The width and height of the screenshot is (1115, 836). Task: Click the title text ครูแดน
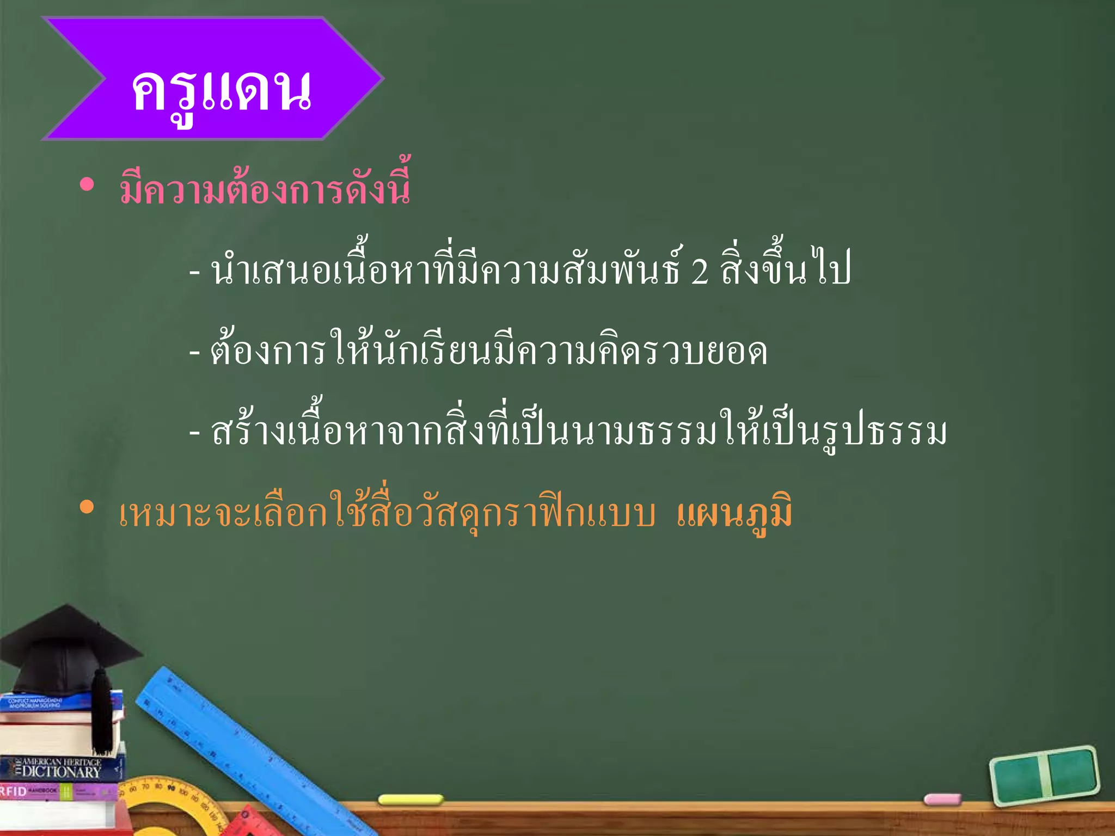coord(220,91)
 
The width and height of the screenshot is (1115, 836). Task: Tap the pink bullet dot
coord(87,185)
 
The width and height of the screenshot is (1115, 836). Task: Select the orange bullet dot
coord(87,507)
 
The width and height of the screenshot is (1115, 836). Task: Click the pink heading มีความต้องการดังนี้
coord(265,188)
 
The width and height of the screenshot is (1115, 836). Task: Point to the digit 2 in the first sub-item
coord(700,272)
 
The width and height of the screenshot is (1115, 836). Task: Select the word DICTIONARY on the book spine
coord(62,772)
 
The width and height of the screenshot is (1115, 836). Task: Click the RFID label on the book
coord(14,791)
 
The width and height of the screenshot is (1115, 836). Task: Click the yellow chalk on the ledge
coord(411,800)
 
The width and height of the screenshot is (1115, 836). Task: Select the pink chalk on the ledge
coord(942,800)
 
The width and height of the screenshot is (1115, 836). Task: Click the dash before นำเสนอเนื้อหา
coord(194,272)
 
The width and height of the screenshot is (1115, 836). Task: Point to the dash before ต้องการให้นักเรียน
coord(194,353)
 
